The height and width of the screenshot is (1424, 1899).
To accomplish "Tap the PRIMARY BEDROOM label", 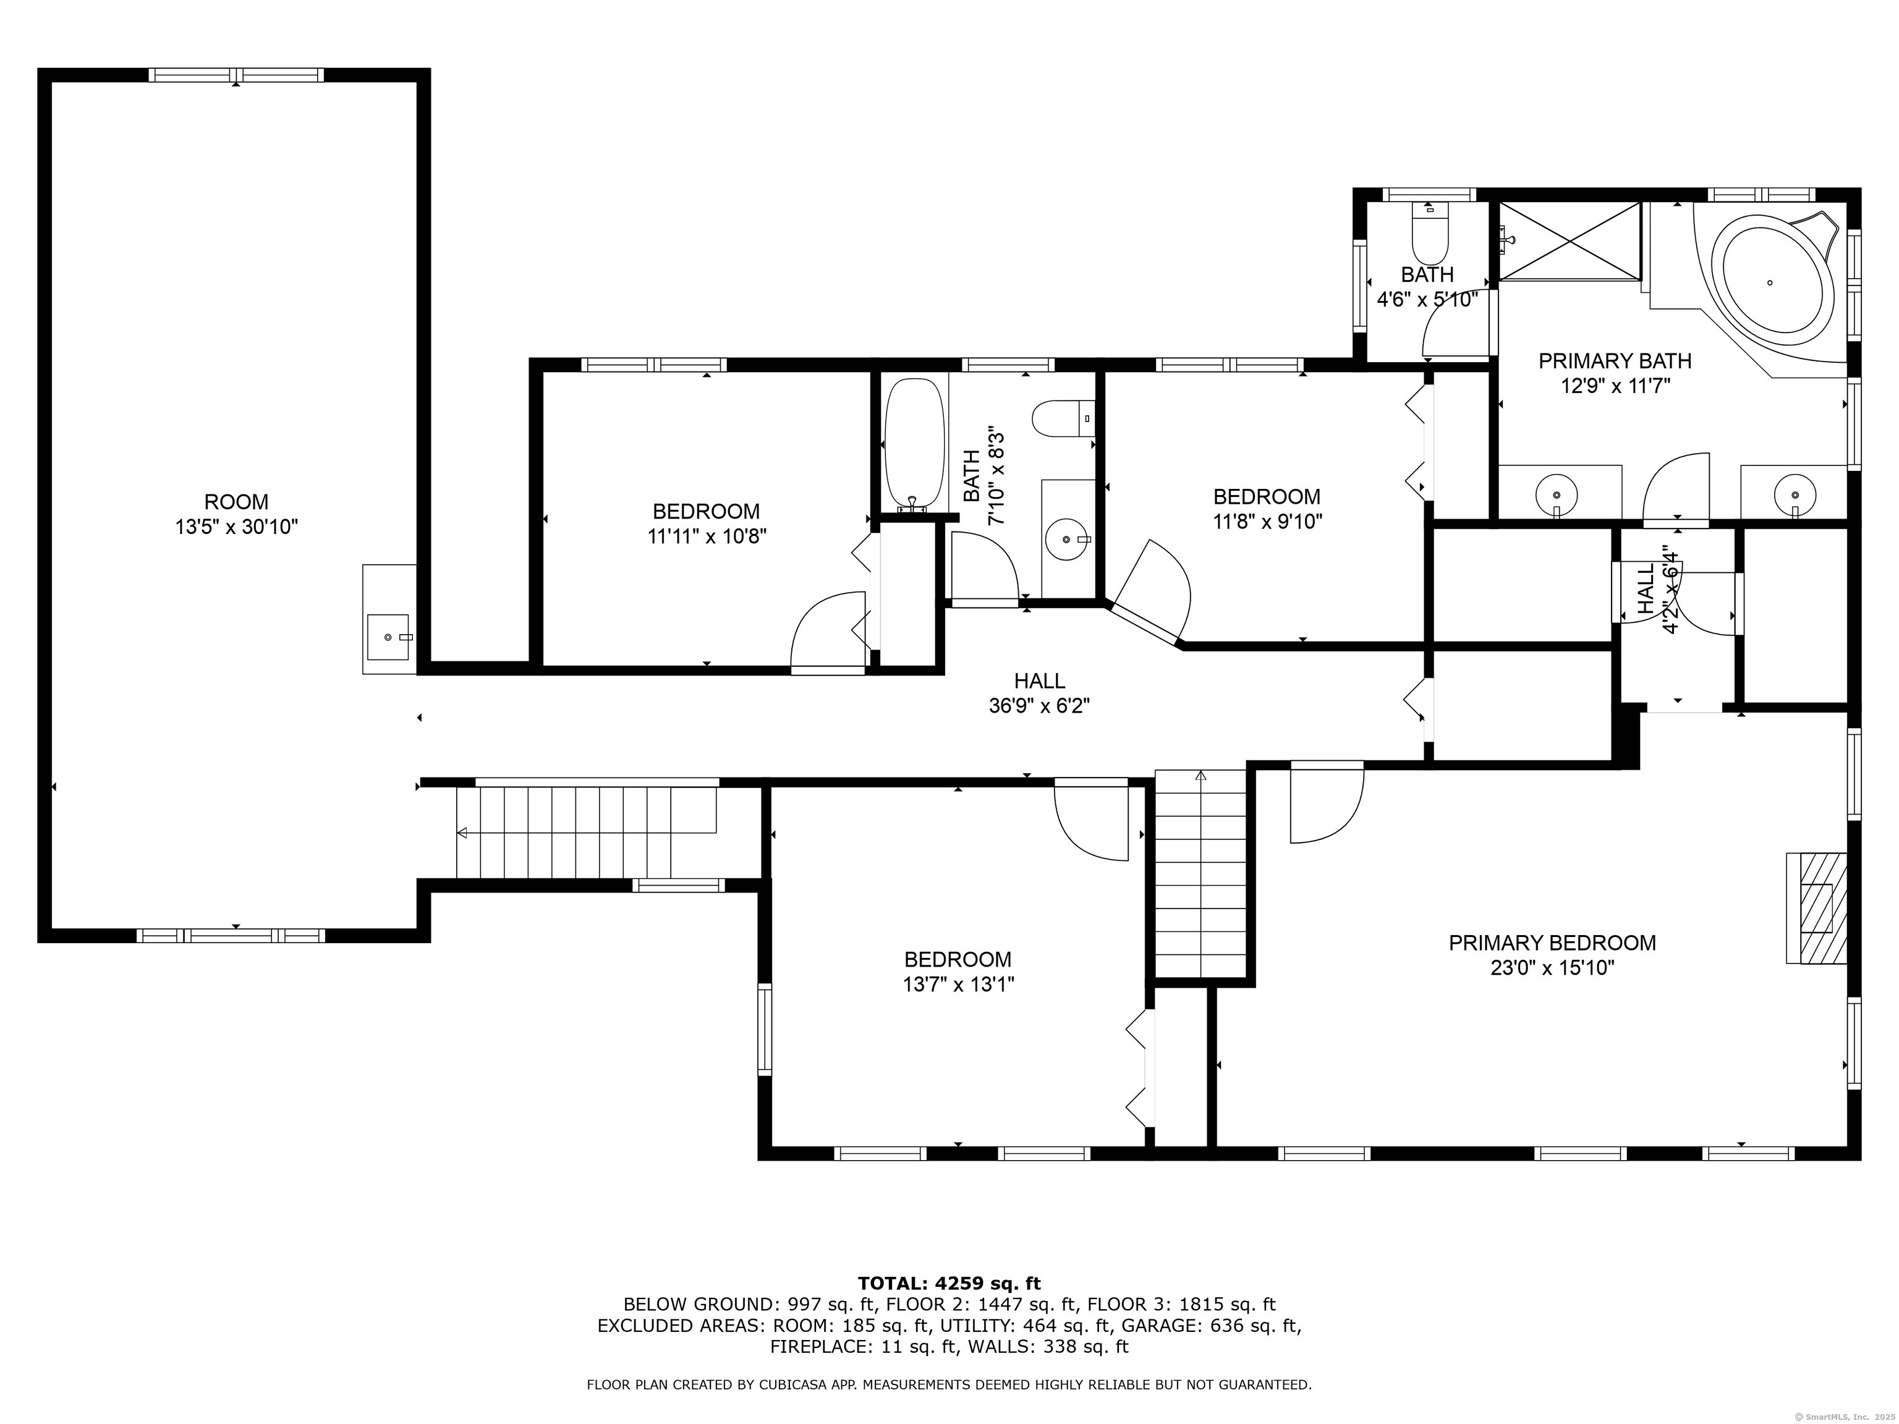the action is click(1552, 943).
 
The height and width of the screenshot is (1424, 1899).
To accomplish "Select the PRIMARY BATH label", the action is click(1615, 360).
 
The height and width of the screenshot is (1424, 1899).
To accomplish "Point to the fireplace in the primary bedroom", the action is click(1816, 908).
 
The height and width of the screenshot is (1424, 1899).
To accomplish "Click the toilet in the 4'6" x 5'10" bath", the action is click(1429, 234).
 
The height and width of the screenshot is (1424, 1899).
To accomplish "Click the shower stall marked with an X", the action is click(1570, 241).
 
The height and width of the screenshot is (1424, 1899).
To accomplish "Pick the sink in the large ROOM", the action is click(389, 637).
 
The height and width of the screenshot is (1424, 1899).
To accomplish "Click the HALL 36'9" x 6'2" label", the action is click(1040, 693).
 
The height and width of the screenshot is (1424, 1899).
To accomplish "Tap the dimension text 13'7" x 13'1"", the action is click(958, 984).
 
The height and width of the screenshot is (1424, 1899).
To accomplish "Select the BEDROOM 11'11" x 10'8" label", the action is click(707, 523).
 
